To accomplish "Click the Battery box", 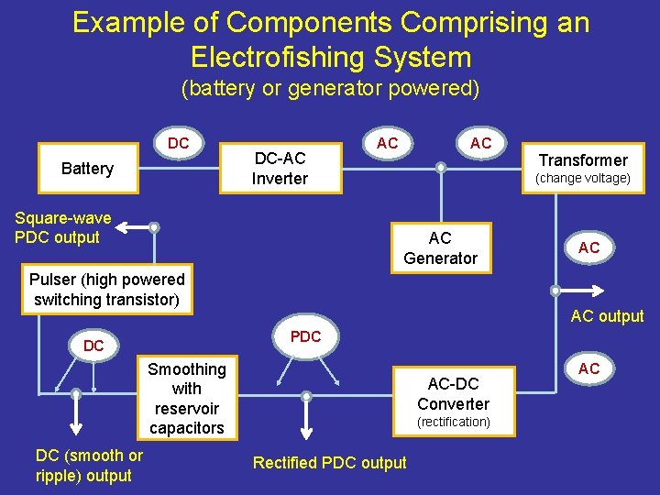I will (x=87, y=169).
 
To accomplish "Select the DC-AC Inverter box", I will (x=280, y=169).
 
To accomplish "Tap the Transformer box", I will (x=582, y=168).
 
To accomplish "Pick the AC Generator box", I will (x=440, y=248).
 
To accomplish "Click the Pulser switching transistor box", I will (x=107, y=290).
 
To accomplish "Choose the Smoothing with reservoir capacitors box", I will (x=186, y=398).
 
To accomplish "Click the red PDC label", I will (x=305, y=336).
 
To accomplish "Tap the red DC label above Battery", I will (x=179, y=144).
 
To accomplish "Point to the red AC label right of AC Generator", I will (x=588, y=247).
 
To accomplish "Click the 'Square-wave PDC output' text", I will (x=63, y=227).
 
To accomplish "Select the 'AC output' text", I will (x=607, y=316).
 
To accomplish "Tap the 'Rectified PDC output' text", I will (x=330, y=463).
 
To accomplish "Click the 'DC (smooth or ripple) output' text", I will (x=89, y=466).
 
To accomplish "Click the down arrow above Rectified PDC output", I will (x=306, y=425).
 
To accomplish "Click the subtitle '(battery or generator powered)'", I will (x=330, y=89).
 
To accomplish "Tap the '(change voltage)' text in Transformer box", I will (x=583, y=179).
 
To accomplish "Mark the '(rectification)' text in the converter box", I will (x=454, y=422).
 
